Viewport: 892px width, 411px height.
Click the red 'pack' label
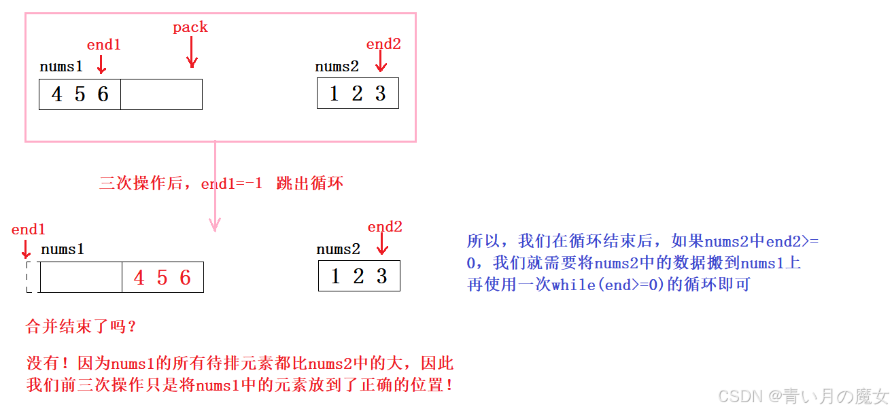pyautogui.click(x=190, y=28)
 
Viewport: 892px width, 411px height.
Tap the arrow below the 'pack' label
pyautogui.click(x=192, y=52)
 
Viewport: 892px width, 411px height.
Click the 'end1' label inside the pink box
pyautogui.click(x=103, y=45)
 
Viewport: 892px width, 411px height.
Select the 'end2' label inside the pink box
pyautogui.click(x=383, y=44)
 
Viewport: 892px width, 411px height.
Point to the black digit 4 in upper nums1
pyautogui.click(x=57, y=94)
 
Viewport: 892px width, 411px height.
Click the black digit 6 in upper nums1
pyautogui.click(x=103, y=94)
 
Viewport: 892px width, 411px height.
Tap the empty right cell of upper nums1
pyautogui.click(x=161, y=94)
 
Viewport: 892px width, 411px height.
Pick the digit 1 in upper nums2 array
pyautogui.click(x=334, y=94)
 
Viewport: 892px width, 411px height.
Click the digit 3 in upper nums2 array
pyautogui.click(x=381, y=94)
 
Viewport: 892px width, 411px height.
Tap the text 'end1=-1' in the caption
pyautogui.click(x=231, y=184)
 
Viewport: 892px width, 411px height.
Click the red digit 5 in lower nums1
pyautogui.click(x=162, y=277)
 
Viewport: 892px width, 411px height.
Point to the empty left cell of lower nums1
pyautogui.click(x=81, y=277)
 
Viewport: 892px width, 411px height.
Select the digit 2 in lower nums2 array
pyautogui.click(x=358, y=276)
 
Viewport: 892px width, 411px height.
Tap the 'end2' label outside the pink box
pyautogui.click(x=385, y=227)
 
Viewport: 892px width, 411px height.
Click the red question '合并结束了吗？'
pyautogui.click(x=82, y=327)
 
